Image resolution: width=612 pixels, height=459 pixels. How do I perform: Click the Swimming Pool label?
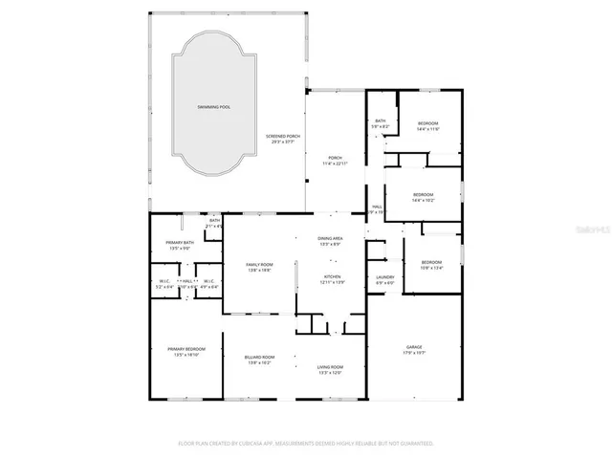(x=211, y=106)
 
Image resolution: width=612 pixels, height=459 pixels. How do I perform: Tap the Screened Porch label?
(x=283, y=139)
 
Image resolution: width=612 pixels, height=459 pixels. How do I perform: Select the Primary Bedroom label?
(x=183, y=351)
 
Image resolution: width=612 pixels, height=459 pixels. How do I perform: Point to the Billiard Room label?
(x=260, y=360)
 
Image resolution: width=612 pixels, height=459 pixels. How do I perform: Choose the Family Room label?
(x=259, y=267)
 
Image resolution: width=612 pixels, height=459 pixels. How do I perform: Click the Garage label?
(x=414, y=350)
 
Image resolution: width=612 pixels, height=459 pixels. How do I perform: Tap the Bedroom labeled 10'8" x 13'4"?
(x=432, y=265)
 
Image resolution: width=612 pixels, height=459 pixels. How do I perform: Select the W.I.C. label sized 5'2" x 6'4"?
(x=164, y=284)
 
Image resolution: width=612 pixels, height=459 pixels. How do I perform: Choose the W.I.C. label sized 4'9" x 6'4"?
(x=208, y=284)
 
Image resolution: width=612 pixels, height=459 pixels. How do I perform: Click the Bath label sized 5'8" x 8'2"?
(x=381, y=123)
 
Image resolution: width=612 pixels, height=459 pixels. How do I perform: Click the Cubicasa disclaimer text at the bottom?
(x=306, y=444)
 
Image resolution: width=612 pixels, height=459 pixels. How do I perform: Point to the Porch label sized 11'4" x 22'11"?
(x=335, y=161)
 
